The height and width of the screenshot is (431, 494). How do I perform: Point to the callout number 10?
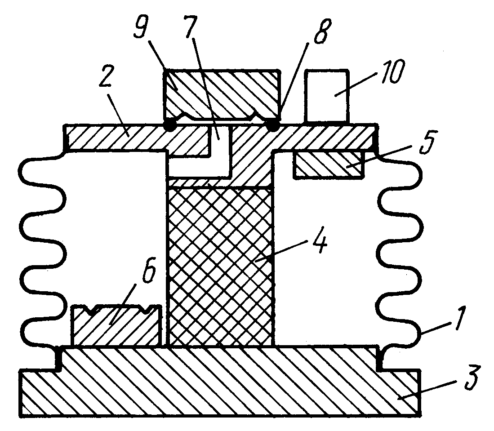(392, 72)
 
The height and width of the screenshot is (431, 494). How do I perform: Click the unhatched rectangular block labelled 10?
(328, 96)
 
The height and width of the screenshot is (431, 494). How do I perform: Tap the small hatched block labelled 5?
(328, 165)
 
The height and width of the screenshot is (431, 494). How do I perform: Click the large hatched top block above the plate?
(222, 94)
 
